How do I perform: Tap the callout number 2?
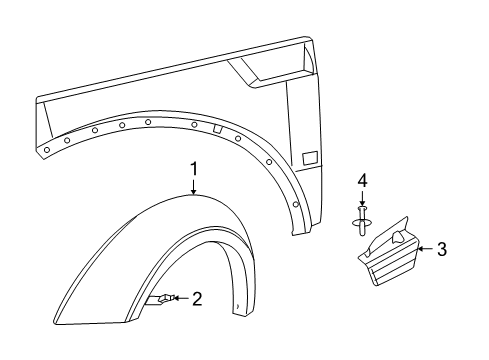[x=198, y=298]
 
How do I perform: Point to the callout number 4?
[x=364, y=181]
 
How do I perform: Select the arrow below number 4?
[x=364, y=198]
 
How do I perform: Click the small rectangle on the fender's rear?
[x=310, y=157]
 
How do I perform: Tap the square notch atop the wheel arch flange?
[x=216, y=128]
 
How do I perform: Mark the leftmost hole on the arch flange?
[x=46, y=149]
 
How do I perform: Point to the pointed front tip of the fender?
[x=38, y=101]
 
